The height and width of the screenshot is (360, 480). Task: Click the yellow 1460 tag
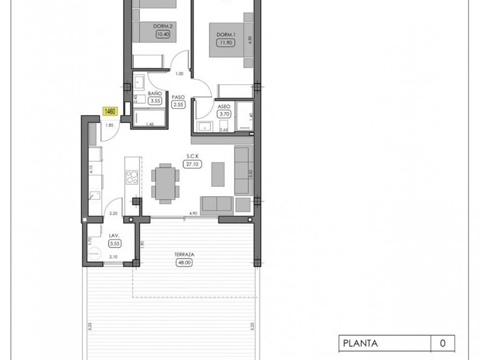coord(111,111)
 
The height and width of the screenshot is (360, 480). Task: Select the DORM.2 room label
coord(147,26)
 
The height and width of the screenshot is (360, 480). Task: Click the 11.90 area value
coord(225,43)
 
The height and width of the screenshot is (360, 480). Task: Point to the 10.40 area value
coord(147,34)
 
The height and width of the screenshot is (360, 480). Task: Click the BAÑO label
coord(155,93)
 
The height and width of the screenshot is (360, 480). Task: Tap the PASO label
coord(178,97)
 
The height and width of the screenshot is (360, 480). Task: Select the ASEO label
coord(224,106)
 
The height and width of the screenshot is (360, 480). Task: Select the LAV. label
coord(114,236)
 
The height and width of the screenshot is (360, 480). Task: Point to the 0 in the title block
coord(442,342)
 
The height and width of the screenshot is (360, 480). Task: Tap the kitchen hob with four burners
coord(131,177)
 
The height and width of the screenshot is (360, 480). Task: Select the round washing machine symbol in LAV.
coord(94,253)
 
